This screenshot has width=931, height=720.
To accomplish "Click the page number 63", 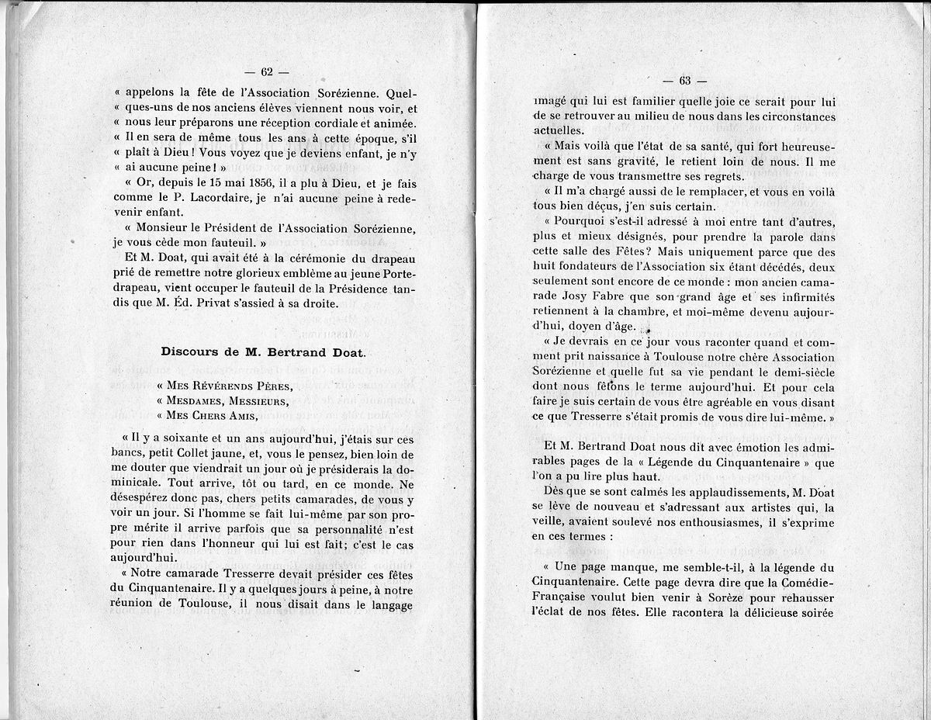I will (685, 81).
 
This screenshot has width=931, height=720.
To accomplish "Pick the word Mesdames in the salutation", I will (199, 401).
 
